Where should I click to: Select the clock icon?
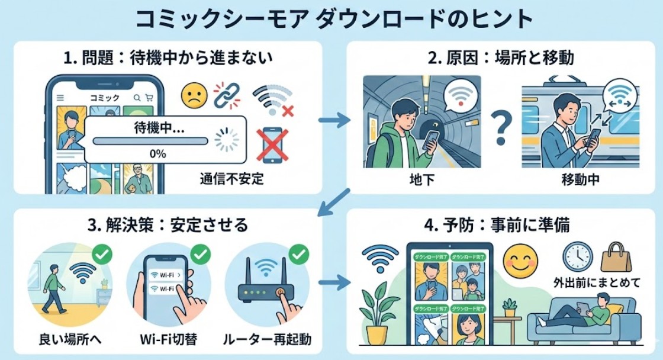pos(577,256)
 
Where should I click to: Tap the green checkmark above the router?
pos(298,255)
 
